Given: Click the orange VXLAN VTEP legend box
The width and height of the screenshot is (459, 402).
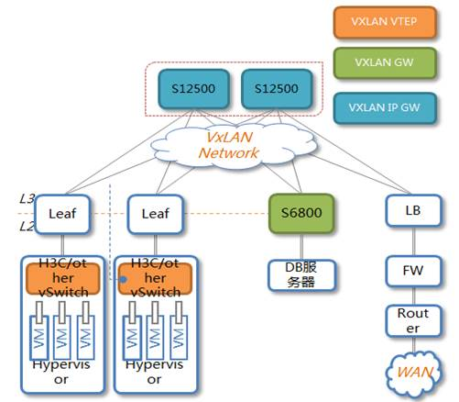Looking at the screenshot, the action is tap(385, 22).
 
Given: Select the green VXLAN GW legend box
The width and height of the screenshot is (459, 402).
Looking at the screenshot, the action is tap(385, 63).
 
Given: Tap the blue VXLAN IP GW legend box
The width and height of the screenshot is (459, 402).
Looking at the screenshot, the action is tap(385, 108).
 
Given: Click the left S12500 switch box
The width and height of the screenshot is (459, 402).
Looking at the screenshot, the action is tap(193, 89).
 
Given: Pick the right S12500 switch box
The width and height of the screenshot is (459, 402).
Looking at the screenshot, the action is tap(277, 89).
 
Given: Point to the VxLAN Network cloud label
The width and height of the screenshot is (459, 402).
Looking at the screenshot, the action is tap(229, 145).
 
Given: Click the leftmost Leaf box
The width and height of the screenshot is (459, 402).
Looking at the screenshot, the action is tap(62, 214).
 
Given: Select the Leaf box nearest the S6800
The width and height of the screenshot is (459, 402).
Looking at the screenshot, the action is tap(156, 214).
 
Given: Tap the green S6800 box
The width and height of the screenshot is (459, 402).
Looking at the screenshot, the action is tap(301, 213).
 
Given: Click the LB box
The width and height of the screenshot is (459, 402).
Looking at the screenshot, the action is tap(413, 210).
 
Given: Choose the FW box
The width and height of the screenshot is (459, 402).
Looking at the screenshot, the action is tap(413, 271).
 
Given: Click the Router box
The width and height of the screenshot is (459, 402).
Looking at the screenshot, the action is tap(413, 321).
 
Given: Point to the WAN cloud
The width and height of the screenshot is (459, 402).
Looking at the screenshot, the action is tap(414, 373).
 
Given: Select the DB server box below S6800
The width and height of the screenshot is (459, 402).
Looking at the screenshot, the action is tap(301, 275).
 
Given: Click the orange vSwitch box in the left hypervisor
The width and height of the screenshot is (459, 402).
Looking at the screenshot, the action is tap(63, 279).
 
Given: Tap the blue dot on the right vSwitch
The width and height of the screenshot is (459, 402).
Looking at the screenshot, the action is tap(123, 279).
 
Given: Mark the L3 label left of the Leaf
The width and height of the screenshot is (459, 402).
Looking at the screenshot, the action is tap(27, 199).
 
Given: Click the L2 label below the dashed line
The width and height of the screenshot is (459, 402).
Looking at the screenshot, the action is tap(27, 227).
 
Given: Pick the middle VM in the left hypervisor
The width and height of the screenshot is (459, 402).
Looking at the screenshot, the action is tap(62, 338).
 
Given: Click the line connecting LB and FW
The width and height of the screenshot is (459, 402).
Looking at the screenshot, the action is tap(414, 241).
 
